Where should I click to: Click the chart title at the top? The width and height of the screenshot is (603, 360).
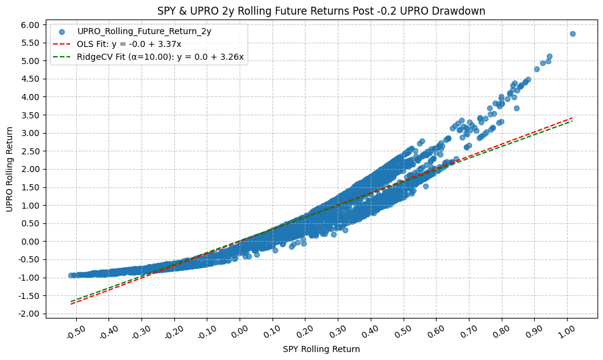point(321,10)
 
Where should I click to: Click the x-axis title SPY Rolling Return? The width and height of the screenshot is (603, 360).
point(321,349)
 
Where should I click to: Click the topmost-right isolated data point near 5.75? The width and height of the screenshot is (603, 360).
point(573,34)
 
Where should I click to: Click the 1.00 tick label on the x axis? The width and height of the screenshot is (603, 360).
point(566,334)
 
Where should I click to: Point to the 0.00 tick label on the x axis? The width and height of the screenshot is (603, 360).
point(238,334)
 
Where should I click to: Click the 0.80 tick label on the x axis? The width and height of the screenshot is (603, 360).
point(501,334)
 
